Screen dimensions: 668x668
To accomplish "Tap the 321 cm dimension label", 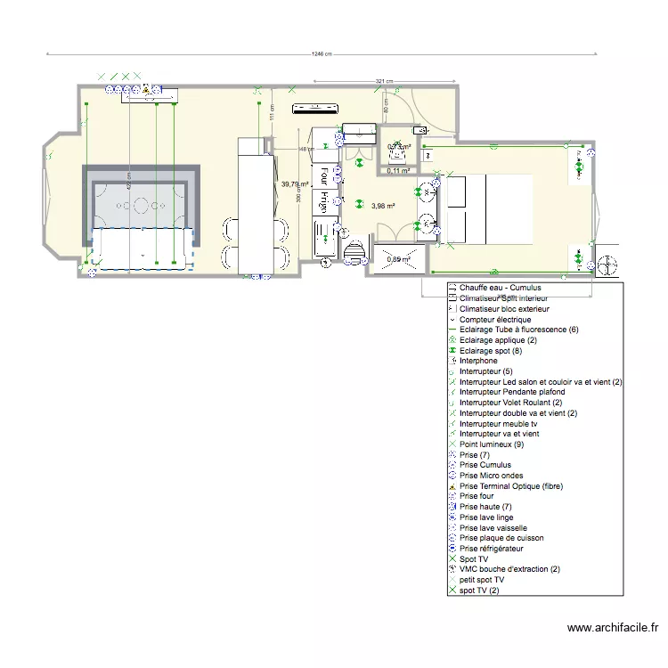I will pos(383,81).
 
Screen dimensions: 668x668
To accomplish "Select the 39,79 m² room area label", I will pos(294,184).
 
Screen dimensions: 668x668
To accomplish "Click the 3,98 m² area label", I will pos(383,206).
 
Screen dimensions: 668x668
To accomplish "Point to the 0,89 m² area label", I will pos(398,259).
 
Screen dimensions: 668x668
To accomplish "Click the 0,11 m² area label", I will pos(397,170).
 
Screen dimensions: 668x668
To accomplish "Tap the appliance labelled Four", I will pos(324,175).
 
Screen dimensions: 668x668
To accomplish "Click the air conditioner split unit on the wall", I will pos(316,110).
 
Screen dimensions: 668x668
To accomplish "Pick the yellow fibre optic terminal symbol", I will pos(145,89).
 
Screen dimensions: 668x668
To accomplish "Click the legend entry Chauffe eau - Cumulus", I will pos(500,289).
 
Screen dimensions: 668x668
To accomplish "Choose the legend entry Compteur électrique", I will pos(494,320).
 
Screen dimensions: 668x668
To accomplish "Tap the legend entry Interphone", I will pos(478,361).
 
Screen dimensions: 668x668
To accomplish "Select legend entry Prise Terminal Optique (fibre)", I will pos(511,486).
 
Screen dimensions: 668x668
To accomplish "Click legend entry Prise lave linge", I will pos(486,517).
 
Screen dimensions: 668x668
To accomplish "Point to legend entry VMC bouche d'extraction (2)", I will pos(509,569).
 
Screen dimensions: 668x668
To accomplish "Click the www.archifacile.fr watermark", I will pos(615,629).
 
